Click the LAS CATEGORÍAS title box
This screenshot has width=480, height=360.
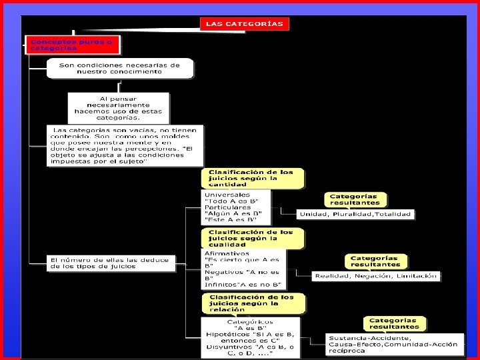[244, 23]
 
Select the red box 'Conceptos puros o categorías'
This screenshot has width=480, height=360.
[73, 45]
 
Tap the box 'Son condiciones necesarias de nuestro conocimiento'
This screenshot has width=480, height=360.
[120, 69]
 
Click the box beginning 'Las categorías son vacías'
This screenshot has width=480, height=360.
[125, 146]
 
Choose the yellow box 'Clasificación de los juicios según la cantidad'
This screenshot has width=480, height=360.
[252, 179]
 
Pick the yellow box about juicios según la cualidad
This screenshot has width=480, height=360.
[252, 238]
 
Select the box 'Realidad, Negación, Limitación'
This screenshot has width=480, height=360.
[377, 275]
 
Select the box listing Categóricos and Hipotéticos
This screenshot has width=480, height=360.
[251, 337]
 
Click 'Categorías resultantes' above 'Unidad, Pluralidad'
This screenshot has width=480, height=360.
[354, 199]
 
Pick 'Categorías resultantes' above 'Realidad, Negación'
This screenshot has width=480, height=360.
[374, 261]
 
